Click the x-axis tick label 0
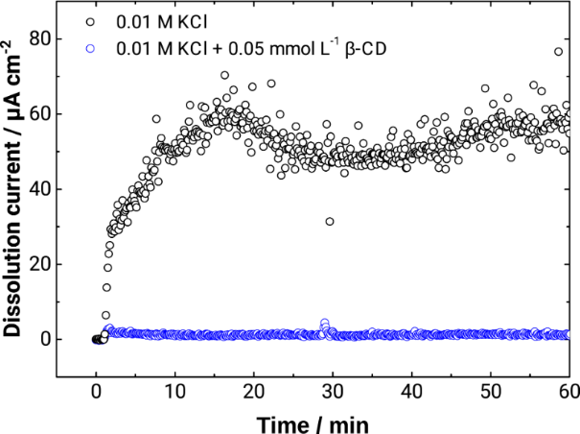point(96,391)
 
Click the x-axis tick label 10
point(174,391)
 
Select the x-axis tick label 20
point(253,391)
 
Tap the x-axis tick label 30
point(332,391)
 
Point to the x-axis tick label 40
point(410,391)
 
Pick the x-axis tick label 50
point(489,391)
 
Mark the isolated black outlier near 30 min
point(330,222)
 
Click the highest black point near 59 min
point(558,52)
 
